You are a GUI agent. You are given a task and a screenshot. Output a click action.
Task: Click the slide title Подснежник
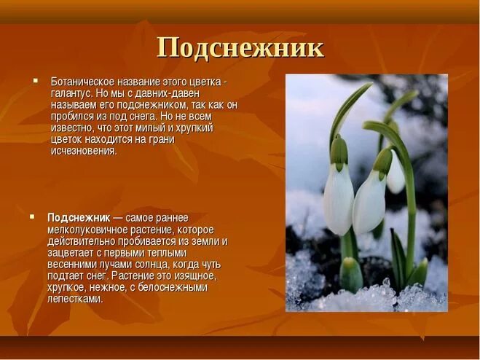coord(240,48)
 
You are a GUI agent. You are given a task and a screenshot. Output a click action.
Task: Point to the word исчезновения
coord(83,151)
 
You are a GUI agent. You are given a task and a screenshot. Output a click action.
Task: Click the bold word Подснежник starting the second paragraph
coord(79,218)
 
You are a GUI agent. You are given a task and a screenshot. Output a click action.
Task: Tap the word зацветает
coord(70,253)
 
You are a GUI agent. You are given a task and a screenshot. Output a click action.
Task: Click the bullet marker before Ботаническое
coord(34,80)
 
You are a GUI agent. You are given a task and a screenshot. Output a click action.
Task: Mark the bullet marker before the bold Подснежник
coord(31,217)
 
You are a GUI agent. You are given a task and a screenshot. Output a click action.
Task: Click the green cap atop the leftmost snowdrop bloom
coord(339,152)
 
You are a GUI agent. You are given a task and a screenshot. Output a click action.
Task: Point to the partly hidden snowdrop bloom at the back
coord(396,175)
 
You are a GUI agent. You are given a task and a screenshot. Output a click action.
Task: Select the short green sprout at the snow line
coord(351,274)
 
